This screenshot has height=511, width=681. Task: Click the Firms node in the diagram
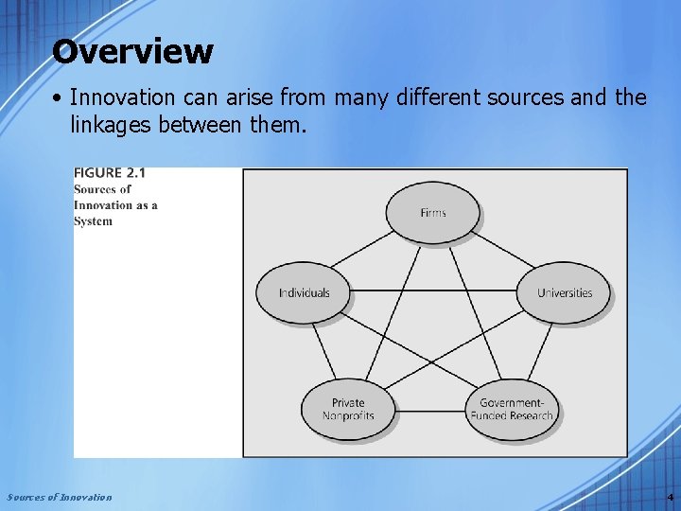point(432,212)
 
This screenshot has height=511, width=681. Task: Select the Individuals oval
point(304,292)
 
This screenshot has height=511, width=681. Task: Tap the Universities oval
point(564,292)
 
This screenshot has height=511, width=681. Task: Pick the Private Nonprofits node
point(348,409)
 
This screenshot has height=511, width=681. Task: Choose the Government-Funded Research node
point(512,409)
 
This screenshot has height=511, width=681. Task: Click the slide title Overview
point(132,51)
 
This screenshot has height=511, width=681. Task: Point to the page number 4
point(670,497)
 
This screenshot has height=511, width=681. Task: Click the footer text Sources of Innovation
point(59,497)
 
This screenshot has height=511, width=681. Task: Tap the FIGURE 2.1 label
point(110,173)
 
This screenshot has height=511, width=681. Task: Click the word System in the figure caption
point(93,221)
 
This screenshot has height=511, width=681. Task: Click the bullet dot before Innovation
point(59,97)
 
